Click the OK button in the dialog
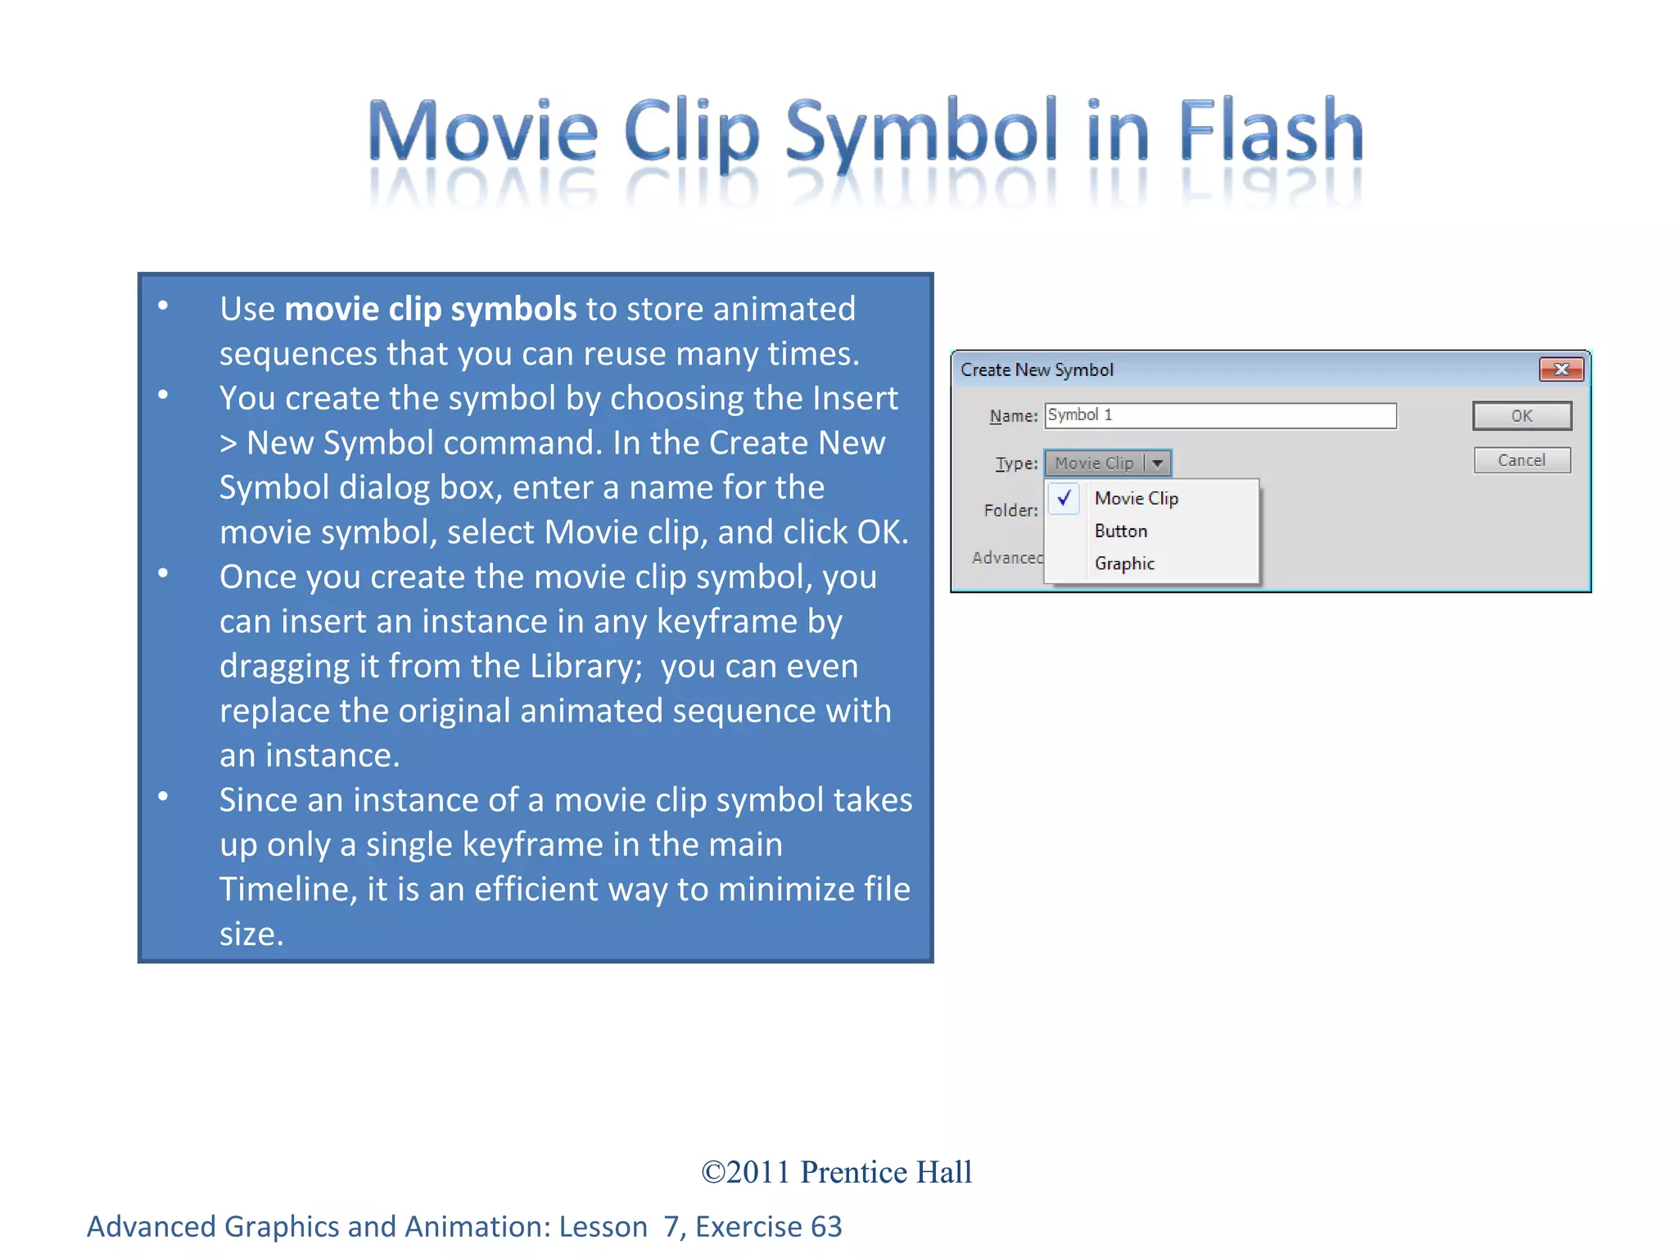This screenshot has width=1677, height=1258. [1521, 416]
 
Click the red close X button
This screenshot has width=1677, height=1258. [1561, 369]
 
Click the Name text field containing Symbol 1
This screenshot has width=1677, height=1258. [1220, 415]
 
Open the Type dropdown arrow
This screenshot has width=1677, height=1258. [1158, 464]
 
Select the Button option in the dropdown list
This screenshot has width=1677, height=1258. [1121, 532]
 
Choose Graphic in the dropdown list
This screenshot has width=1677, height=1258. [1124, 564]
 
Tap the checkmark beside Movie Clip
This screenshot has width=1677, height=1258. [1065, 498]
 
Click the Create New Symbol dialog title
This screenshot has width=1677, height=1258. [1037, 370]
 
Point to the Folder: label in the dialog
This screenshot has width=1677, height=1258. [1010, 511]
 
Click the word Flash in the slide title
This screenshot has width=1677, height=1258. [1271, 131]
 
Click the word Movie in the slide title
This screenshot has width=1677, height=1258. [483, 131]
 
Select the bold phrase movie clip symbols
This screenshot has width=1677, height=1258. [431, 310]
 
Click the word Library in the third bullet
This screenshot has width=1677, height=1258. [585, 667]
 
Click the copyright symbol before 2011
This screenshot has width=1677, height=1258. [713, 1173]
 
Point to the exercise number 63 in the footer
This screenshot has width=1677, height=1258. [826, 1227]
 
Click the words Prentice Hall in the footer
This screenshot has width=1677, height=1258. [886, 1173]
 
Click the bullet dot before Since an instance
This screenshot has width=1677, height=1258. [163, 796]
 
